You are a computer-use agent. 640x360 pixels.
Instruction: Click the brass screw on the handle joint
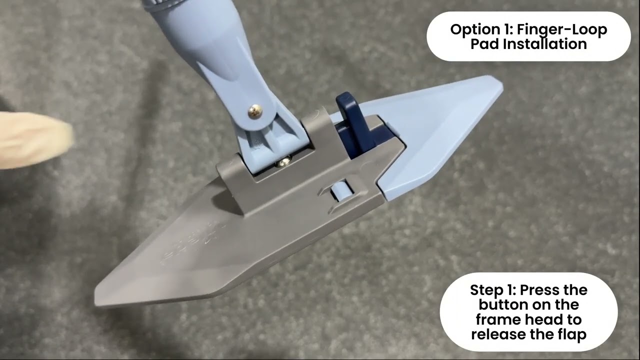[255, 111]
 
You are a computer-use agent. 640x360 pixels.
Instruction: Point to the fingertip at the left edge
[37, 140]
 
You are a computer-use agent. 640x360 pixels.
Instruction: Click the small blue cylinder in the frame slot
[340, 190]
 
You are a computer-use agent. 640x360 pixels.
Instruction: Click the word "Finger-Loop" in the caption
[562, 29]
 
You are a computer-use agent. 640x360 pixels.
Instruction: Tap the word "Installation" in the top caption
[544, 44]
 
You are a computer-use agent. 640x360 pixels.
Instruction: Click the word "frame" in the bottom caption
[497, 319]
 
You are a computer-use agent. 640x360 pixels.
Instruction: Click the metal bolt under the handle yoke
[283, 162]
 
